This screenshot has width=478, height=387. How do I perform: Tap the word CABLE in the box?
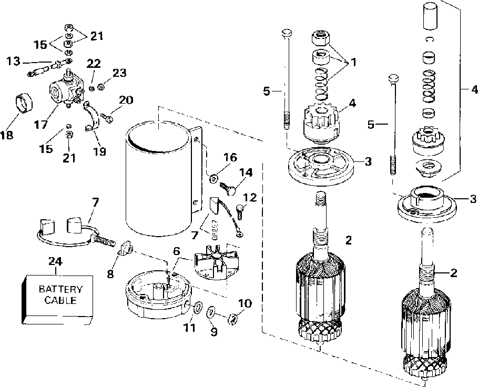coord(59,300)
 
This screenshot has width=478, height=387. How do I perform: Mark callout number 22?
coord(94,64)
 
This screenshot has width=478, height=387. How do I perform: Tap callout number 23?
coord(120,74)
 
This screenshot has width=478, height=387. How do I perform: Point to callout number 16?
coord(230,157)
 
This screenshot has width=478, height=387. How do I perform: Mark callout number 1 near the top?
coord(353,62)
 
